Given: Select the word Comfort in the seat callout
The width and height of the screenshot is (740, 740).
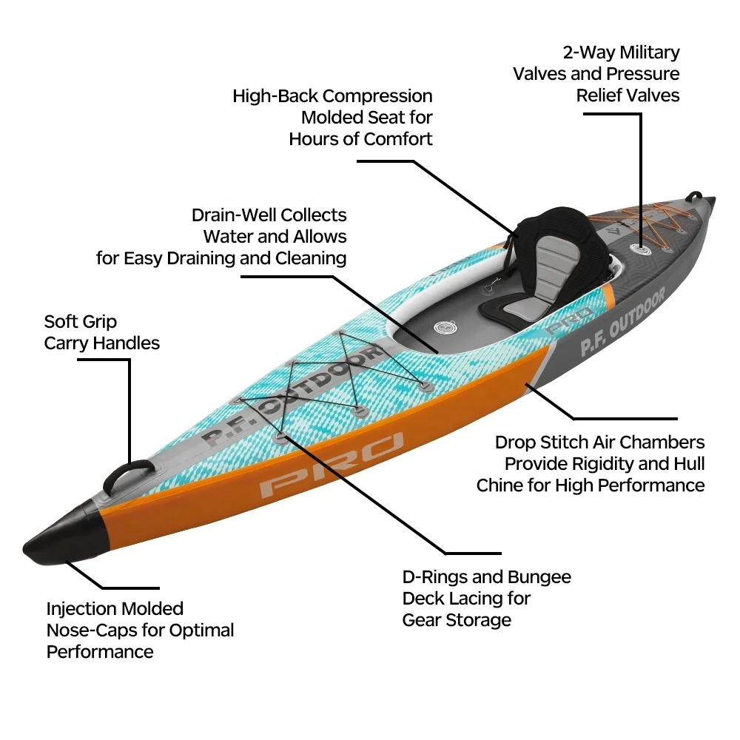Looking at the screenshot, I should tap(395, 138).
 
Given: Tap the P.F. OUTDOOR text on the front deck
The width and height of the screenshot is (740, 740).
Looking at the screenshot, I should tap(295, 399).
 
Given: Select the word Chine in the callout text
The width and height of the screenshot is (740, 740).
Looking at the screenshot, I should tap(502, 485).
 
